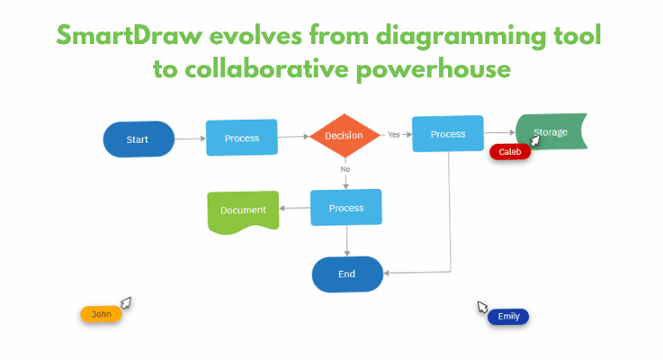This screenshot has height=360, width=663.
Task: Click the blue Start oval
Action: pyautogui.click(x=138, y=139)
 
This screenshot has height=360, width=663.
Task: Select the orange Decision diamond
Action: pyautogui.click(x=345, y=136)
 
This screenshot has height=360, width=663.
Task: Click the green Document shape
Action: pyautogui.click(x=243, y=211)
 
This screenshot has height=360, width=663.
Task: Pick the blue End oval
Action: pyautogui.click(x=347, y=274)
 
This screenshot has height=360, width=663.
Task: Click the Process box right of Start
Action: pyautogui.click(x=241, y=138)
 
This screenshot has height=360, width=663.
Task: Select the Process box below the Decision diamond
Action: pyautogui.click(x=345, y=208)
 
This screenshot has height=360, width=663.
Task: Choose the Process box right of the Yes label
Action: pyautogui.click(x=447, y=134)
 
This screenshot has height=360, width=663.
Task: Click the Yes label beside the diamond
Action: pyautogui.click(x=394, y=135)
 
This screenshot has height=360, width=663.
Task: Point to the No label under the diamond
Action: pyautogui.click(x=345, y=168)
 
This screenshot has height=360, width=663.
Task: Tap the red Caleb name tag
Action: pyautogui.click(x=510, y=152)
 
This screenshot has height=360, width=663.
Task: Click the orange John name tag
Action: pyautogui.click(x=101, y=314)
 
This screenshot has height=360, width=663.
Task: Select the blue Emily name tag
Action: pyautogui.click(x=508, y=317)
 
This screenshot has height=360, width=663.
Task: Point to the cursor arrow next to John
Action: pyautogui.click(x=127, y=302)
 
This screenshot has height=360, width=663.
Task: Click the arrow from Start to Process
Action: pyautogui.click(x=189, y=139)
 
